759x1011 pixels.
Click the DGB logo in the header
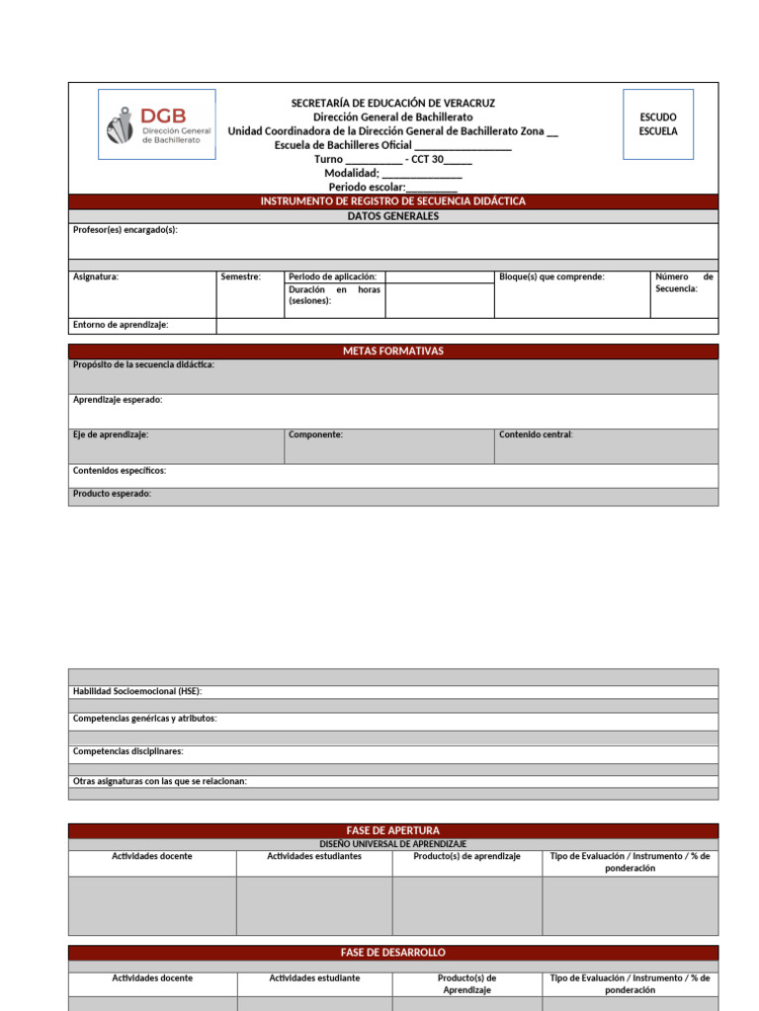157,124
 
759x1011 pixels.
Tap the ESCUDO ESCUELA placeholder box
658,124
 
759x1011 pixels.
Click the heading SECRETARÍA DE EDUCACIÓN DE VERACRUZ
392,103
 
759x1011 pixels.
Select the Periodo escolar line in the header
392,187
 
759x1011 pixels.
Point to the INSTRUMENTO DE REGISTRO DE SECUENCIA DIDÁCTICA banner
392,201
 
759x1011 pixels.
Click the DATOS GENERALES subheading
392,216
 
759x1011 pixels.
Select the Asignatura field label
96,277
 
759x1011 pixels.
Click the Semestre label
241,277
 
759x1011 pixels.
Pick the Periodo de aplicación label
332,277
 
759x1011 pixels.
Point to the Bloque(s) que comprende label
551,277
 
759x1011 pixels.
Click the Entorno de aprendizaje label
121,325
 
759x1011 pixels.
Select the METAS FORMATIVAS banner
392,351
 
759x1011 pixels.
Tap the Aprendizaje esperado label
118,400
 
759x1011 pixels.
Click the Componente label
316,434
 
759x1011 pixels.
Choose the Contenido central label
536,434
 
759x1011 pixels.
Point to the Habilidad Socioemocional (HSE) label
137,691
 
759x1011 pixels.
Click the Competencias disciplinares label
128,751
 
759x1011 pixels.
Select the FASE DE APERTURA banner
392,830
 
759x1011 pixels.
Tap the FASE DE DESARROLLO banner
392,953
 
